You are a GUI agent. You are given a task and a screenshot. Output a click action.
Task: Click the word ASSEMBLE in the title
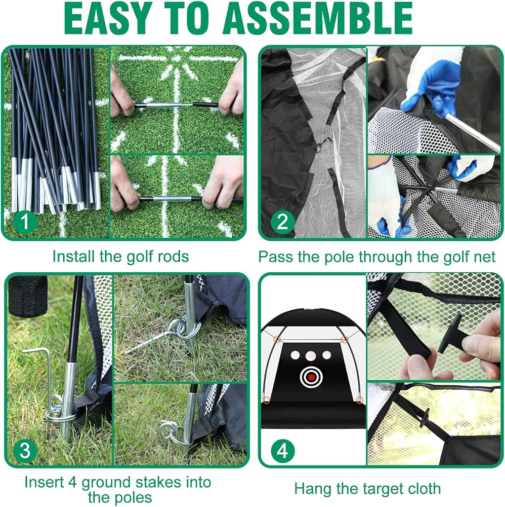[317, 18]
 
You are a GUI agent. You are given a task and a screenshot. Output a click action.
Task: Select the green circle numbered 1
[25, 222]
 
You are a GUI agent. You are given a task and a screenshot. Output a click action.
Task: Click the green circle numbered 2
[282, 222]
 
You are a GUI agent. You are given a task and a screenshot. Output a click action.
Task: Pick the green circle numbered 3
[25, 450]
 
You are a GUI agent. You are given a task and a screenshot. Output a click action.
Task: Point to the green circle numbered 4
[282, 450]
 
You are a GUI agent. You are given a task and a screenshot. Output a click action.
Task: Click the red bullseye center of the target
[311, 377]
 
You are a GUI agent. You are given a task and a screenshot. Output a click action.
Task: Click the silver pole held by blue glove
[471, 132]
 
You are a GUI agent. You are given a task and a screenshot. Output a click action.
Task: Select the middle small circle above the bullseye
[310, 356]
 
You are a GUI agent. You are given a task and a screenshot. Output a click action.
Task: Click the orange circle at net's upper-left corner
[277, 340]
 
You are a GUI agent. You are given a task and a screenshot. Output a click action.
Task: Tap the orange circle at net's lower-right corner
[360, 401]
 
